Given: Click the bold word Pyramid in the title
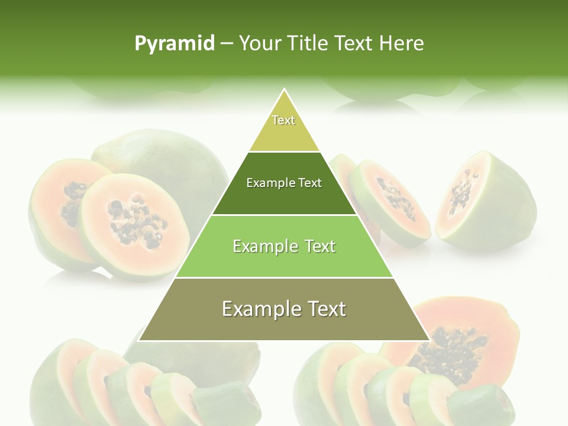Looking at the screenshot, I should coord(175,44).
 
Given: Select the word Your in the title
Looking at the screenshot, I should coord(260,44).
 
